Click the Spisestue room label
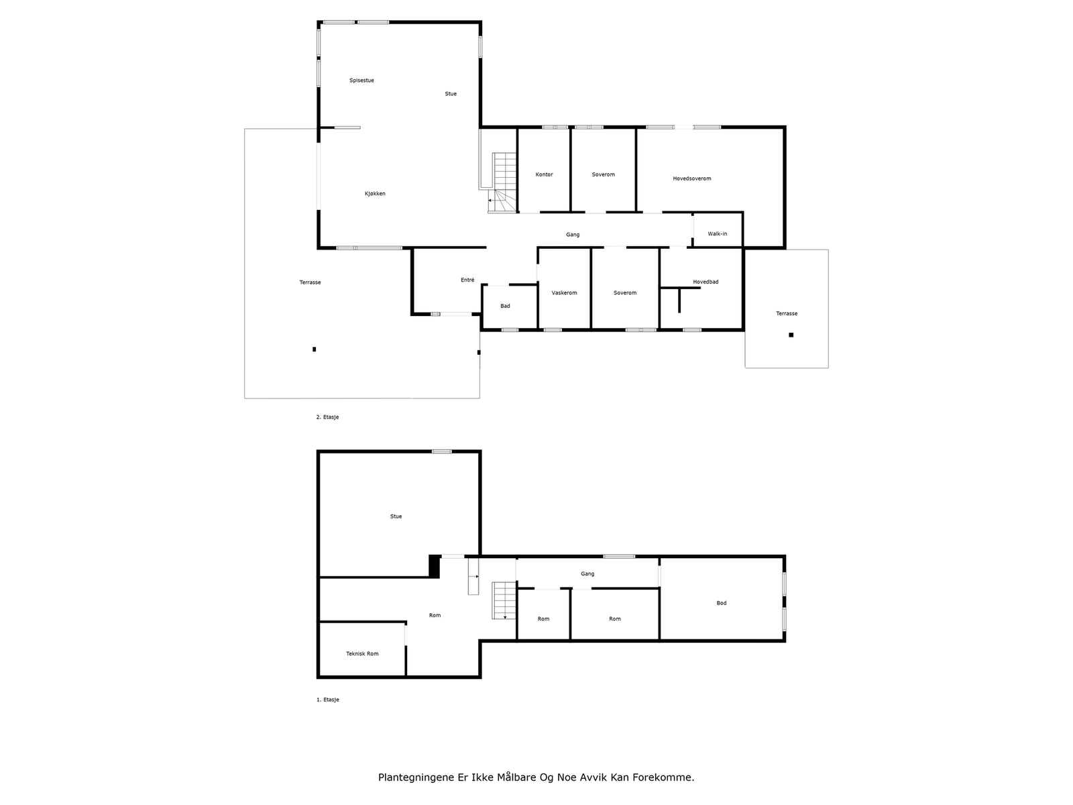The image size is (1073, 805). point(361,80)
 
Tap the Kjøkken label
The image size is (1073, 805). point(375,194)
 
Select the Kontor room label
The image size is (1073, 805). point(544,174)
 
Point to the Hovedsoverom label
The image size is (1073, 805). point(691,178)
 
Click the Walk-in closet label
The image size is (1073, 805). point(717,233)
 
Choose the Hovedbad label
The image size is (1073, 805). point(705,282)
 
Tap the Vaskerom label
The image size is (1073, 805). point(564,292)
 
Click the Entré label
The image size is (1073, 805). point(467,280)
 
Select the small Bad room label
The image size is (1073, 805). point(505,306)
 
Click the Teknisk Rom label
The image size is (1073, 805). point(362,653)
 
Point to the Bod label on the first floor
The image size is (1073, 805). point(721,603)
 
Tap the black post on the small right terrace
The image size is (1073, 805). point(791,335)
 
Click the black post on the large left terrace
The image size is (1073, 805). point(314,349)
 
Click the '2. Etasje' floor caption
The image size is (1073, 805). point(327,417)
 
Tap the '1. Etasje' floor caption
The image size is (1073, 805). point(327,700)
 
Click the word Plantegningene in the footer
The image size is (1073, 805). point(414,777)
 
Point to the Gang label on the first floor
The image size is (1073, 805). point(587,574)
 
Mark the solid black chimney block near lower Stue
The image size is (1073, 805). point(435,566)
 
